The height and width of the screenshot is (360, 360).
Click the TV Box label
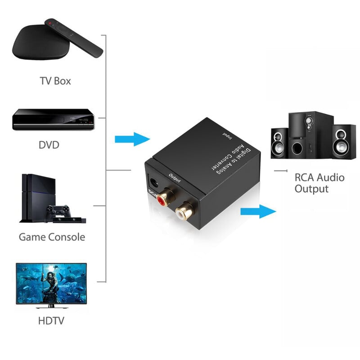(x=55, y=81)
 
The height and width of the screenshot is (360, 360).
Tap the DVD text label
(x=49, y=145)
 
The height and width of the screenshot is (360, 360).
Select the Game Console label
(x=52, y=237)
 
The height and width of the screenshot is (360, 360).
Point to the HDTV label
(x=51, y=320)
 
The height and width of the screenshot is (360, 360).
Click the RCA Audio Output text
(x=319, y=183)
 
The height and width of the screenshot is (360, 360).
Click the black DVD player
(x=53, y=120)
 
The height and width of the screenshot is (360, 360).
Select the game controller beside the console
(x=59, y=211)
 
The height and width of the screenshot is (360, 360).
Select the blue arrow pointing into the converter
(x=132, y=139)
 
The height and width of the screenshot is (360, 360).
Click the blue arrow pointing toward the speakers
(x=258, y=211)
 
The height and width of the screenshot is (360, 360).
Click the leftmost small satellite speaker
(x=279, y=143)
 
